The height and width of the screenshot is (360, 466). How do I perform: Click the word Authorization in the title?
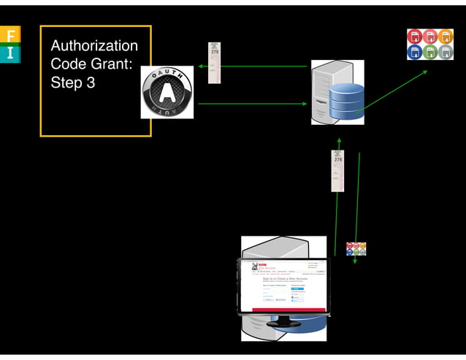(93, 46)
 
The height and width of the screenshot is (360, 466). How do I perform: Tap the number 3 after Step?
(91, 83)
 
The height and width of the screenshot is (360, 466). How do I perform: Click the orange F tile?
(10, 36)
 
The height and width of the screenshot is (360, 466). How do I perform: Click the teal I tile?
(10, 53)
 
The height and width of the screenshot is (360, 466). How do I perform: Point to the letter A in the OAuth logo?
(167, 91)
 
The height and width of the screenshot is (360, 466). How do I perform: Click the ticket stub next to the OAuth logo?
(215, 62)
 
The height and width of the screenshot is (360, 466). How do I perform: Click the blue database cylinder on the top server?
(345, 103)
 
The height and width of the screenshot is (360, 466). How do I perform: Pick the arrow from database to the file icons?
(394, 91)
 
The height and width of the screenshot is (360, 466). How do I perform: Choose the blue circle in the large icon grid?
(414, 52)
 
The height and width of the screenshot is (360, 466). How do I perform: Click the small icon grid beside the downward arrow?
(356, 248)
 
